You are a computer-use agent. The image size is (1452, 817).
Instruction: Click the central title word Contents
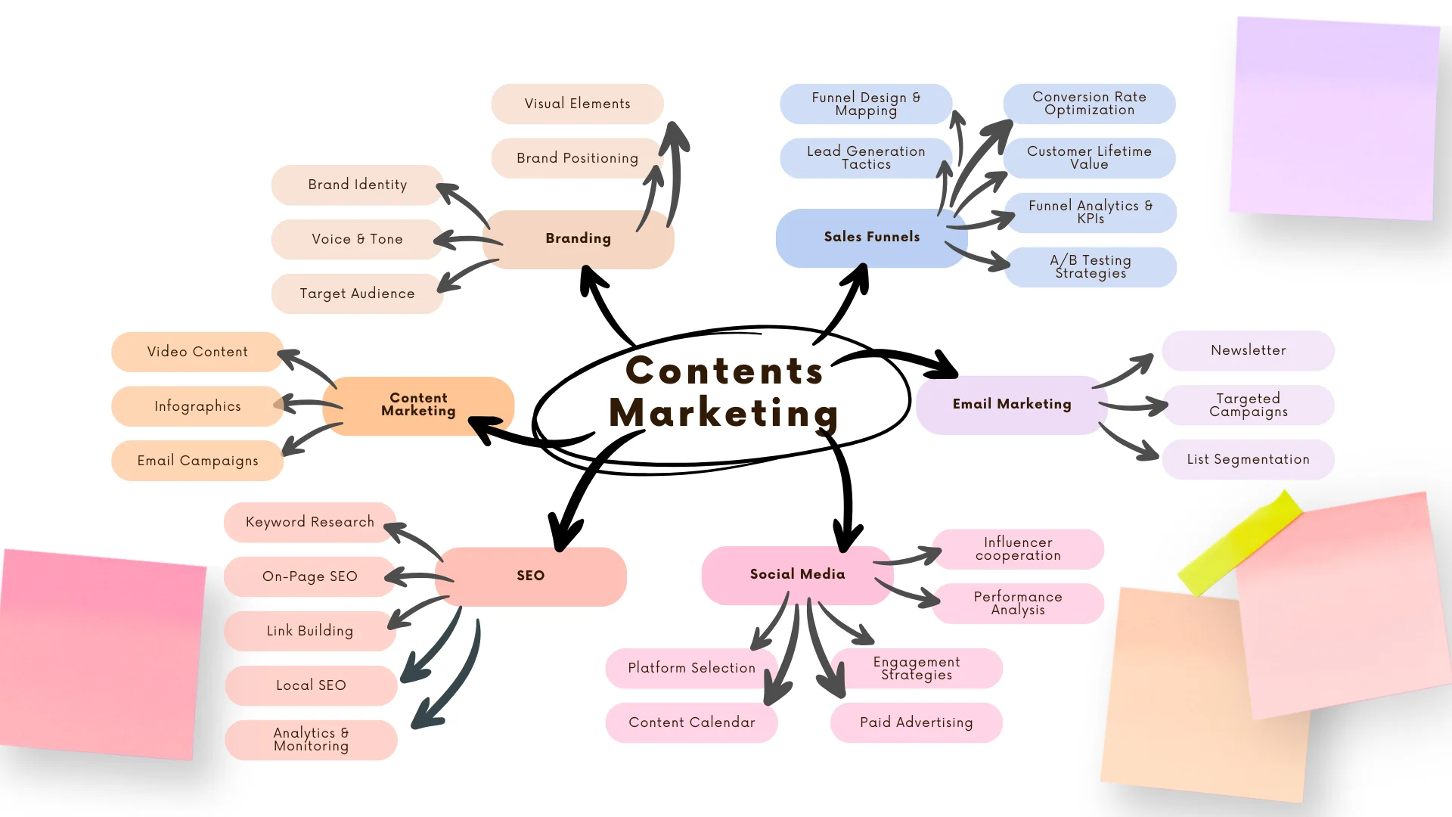point(724,371)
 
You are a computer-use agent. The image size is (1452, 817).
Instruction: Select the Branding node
point(579,238)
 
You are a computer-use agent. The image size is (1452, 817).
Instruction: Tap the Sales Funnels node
point(871,237)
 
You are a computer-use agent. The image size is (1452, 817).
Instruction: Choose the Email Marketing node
point(1011,404)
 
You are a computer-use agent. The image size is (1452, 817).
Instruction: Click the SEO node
point(530,576)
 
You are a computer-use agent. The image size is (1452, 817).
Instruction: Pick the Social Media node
point(797,574)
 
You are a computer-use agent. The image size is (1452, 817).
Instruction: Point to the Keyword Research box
point(309,522)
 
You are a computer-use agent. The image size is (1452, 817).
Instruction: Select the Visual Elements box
point(577,104)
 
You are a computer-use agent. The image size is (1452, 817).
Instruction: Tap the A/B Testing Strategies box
point(1090,267)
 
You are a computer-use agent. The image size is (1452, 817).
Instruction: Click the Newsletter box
point(1248,350)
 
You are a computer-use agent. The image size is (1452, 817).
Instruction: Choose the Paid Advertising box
point(916,722)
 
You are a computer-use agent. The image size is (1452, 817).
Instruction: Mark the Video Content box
point(197,352)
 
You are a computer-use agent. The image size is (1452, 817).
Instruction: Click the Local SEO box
point(310,685)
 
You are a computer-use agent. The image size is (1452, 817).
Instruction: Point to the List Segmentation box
point(1248,459)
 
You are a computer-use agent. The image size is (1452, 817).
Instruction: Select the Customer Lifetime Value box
point(1089,158)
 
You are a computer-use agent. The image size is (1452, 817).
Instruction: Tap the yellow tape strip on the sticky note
point(1240,542)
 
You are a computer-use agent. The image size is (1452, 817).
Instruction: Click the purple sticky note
point(1335,117)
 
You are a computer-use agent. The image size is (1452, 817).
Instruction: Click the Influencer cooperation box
point(1018,549)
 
